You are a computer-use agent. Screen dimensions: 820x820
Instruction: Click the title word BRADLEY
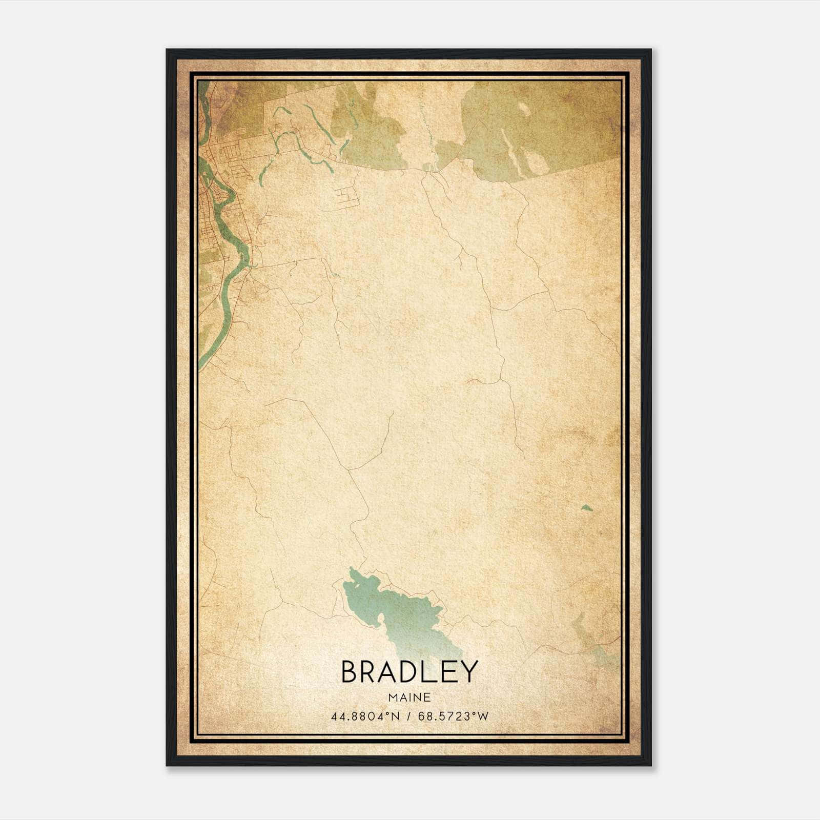pyautogui.click(x=409, y=671)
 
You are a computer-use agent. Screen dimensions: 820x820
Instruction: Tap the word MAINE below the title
pyautogui.click(x=409, y=698)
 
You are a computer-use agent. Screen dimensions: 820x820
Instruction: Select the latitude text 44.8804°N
pyautogui.click(x=364, y=716)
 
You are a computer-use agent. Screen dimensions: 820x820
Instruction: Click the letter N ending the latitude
pyautogui.click(x=395, y=716)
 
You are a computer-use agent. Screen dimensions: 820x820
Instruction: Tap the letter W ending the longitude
pyautogui.click(x=483, y=716)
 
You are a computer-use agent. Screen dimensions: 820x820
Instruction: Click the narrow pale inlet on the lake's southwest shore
pyautogui.click(x=381, y=623)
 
